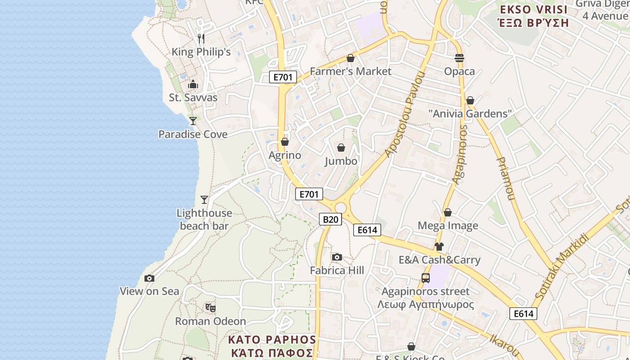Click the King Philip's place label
pos(201,52)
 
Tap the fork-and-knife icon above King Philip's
pos(201,39)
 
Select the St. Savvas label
pos(193,98)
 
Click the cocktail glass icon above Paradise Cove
pos(193,121)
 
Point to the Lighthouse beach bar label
pos(204,219)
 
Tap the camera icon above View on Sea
pos(149,278)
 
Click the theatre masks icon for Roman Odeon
pos(210,308)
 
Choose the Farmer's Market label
pos(351,71)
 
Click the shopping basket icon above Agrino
pos(284,142)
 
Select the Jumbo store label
pos(341,161)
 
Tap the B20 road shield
pos(330,219)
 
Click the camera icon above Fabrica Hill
pos(337,257)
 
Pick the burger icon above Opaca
pos(459,58)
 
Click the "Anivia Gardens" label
pos(470,113)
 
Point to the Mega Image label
pos(448,225)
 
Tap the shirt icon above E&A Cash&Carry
pos(439,246)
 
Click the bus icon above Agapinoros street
pos(425,278)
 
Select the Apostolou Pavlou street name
pos(405,114)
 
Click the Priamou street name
pos(505,178)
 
